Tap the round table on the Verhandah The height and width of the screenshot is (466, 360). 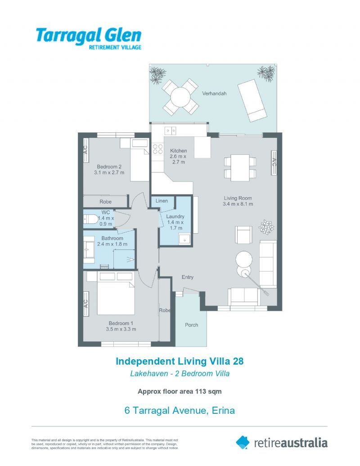[x=180, y=97]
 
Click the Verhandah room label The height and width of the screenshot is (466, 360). [x=214, y=93]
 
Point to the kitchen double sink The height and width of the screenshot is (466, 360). [x=171, y=131]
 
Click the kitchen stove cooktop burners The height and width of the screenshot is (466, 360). [x=157, y=149]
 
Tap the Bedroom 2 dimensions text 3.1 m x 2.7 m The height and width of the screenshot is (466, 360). [x=109, y=172]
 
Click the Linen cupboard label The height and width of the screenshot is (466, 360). [x=162, y=201]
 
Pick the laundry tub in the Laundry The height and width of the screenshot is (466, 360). [x=184, y=239]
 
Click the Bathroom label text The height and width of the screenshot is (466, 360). [x=112, y=238]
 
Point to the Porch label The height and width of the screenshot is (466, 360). [x=191, y=325]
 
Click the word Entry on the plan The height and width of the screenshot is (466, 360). [x=188, y=277]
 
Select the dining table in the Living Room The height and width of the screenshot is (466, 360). [x=240, y=167]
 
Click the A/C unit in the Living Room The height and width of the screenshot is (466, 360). [x=274, y=163]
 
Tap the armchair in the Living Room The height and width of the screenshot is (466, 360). [x=243, y=235]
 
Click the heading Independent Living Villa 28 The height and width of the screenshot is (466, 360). [x=180, y=361]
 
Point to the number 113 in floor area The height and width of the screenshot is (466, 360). [x=201, y=391]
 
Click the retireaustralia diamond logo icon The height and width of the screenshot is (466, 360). [x=243, y=443]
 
